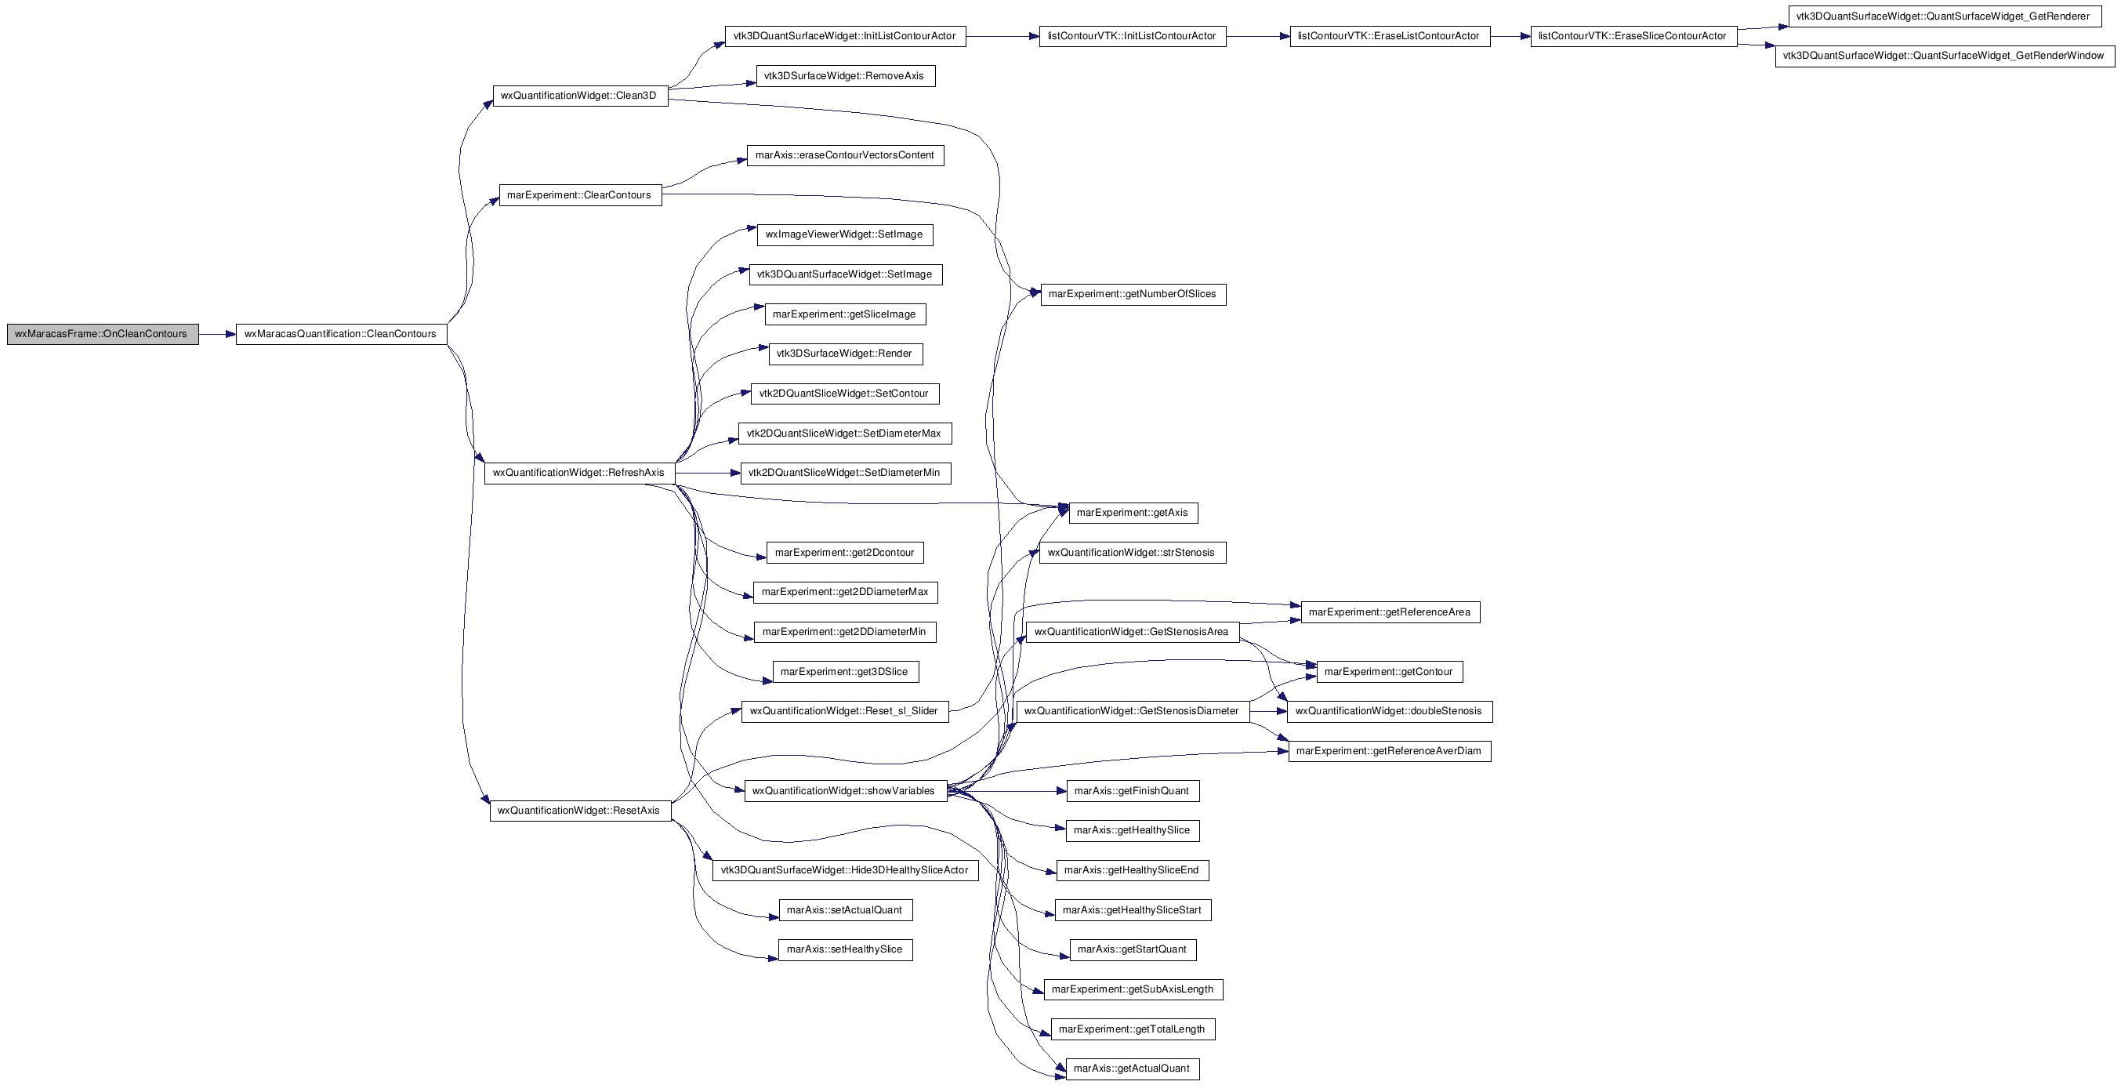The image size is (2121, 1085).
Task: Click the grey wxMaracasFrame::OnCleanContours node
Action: click(103, 334)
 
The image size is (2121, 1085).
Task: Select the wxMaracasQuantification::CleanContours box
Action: click(342, 334)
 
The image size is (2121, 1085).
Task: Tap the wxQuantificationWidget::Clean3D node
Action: click(580, 96)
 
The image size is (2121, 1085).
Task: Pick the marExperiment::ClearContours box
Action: click(581, 195)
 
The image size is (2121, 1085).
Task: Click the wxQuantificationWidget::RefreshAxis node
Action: click(580, 474)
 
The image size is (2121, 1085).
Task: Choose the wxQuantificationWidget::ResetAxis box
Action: click(581, 811)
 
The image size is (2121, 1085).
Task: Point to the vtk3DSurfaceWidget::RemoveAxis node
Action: click(846, 76)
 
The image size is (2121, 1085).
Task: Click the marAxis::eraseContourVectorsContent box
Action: click(845, 155)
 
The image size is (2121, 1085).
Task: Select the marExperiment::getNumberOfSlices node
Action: click(1133, 295)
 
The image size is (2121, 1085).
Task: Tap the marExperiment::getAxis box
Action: click(1133, 513)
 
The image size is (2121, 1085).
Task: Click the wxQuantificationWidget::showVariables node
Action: click(846, 791)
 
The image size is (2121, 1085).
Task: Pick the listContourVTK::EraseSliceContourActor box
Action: click(1633, 36)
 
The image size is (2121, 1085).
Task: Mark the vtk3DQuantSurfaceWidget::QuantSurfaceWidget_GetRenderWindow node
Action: click(1945, 56)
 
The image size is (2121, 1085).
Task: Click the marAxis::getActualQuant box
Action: click(1133, 1069)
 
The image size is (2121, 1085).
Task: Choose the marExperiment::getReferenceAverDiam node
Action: click(1390, 751)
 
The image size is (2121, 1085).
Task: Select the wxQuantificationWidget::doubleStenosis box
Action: click(1390, 711)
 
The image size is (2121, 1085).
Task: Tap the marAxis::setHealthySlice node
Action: click(846, 950)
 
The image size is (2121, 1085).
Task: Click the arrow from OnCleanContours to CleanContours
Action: click(217, 334)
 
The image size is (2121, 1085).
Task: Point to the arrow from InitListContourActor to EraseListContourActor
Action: click(1258, 36)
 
